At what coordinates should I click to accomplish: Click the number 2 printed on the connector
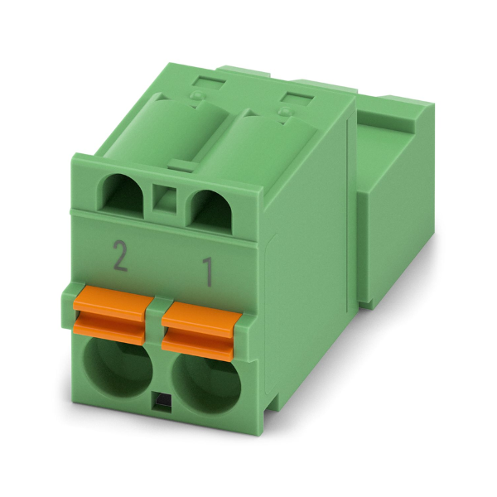(x=120, y=256)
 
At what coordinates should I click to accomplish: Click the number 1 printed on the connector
(x=208, y=272)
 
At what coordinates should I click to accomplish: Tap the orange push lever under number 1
(x=201, y=331)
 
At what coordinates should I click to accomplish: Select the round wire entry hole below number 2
(x=118, y=369)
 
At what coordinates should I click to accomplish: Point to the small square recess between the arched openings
(x=164, y=200)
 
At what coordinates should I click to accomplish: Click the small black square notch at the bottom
(x=162, y=401)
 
